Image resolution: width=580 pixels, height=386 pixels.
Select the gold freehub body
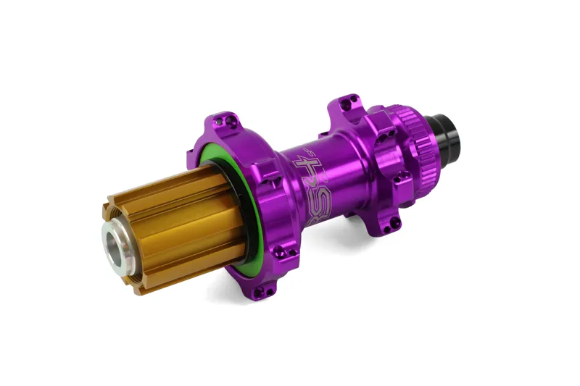tap(174, 210)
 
